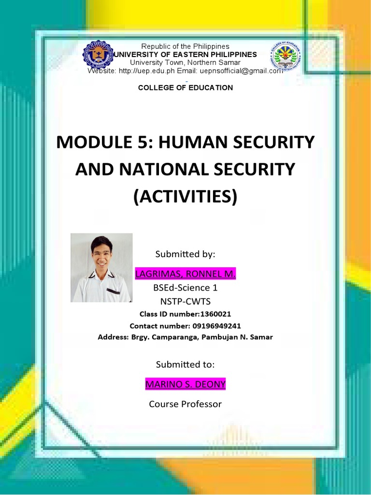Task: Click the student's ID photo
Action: pyautogui.click(x=101, y=268)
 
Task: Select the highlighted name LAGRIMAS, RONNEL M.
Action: pyautogui.click(x=185, y=275)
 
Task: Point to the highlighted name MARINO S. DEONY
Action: pyautogui.click(x=185, y=384)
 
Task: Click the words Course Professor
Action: pyautogui.click(x=185, y=404)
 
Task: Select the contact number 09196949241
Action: pyautogui.click(x=213, y=326)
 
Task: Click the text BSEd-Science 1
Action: pyautogui.click(x=185, y=288)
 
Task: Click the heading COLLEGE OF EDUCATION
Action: pyautogui.click(x=185, y=87)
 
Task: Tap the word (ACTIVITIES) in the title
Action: pyautogui.click(x=185, y=197)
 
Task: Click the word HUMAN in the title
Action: pyautogui.click(x=177, y=143)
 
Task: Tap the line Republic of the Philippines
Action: pyautogui.click(x=185, y=46)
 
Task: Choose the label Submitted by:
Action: pyautogui.click(x=185, y=254)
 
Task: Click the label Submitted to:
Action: pyautogui.click(x=185, y=364)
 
